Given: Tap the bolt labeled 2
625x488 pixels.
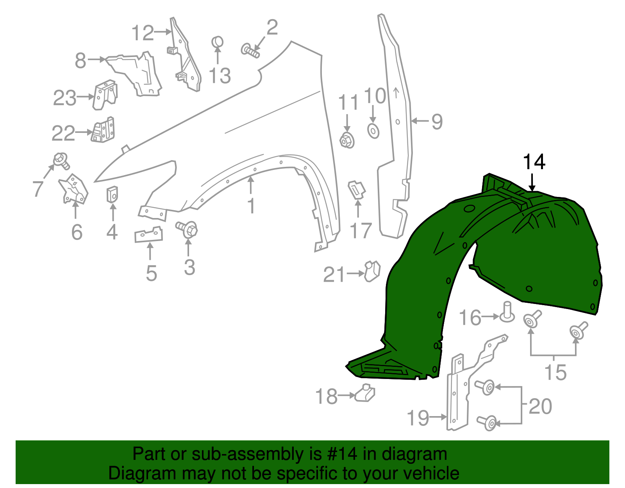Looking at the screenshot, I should tap(250, 51).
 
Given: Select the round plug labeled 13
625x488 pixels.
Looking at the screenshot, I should tap(218, 41).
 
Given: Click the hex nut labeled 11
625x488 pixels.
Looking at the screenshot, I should tap(347, 140).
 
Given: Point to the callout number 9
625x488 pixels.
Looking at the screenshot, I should tap(437, 122).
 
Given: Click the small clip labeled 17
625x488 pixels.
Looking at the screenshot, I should tap(356, 189).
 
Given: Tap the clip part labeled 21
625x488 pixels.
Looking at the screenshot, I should tap(372, 271).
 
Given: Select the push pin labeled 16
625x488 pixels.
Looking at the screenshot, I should tap(507, 312).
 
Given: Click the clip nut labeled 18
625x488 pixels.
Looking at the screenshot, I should tap(365, 393).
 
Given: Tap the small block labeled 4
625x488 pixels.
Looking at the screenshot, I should tap(112, 194).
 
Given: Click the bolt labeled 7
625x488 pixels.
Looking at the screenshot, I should tap(61, 160).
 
